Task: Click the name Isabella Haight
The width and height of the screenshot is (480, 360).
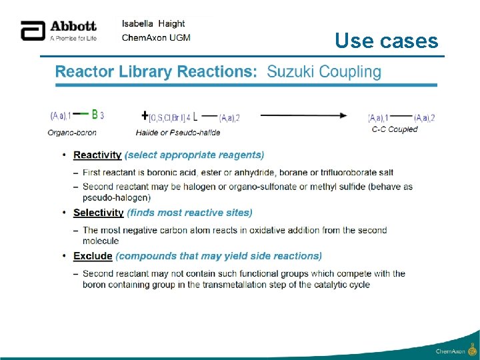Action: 153,23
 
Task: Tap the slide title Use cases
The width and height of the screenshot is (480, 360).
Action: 387,41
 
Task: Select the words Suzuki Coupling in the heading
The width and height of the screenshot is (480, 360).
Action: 324,71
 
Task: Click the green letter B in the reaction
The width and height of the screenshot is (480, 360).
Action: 95,114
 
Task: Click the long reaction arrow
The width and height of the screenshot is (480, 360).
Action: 303,115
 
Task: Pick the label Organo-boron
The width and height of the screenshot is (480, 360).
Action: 67,132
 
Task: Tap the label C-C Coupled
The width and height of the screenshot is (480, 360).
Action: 395,129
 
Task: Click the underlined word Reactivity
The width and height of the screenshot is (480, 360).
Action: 97,155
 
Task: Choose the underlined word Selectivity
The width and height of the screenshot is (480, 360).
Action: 99,213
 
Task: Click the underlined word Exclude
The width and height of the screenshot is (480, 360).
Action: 93,256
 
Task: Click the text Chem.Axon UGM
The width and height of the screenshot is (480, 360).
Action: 156,37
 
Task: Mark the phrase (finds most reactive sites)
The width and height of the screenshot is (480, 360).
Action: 190,213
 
